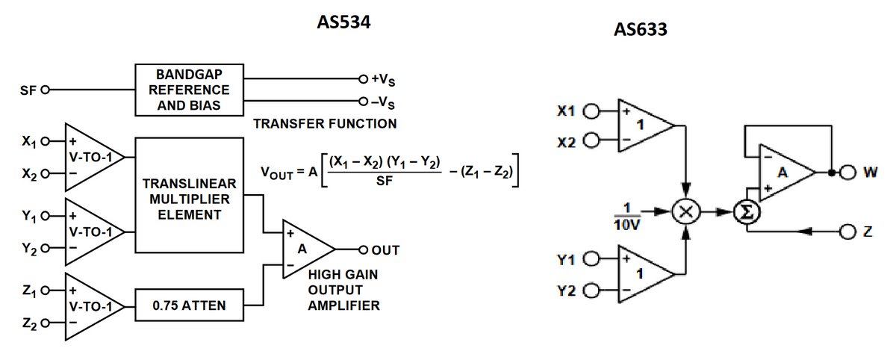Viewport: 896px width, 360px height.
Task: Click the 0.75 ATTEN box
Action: tap(189, 305)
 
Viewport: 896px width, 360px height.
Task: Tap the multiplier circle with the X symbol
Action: tap(685, 212)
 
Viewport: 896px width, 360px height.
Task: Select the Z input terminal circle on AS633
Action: tap(847, 232)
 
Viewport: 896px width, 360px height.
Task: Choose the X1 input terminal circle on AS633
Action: tap(591, 111)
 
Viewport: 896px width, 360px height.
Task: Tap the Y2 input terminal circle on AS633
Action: tap(591, 291)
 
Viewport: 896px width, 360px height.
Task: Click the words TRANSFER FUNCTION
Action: tap(325, 122)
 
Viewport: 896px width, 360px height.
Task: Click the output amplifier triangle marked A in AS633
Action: tap(784, 173)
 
